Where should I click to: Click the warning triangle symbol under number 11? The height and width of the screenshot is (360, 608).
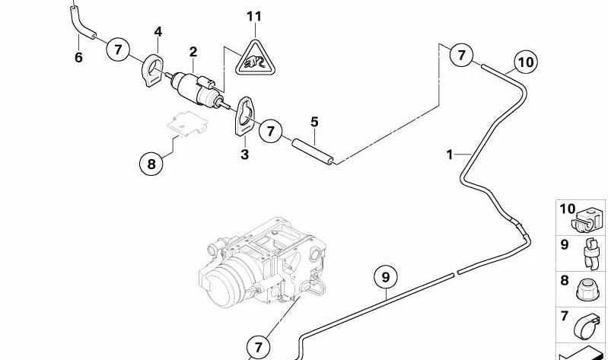pos(253,59)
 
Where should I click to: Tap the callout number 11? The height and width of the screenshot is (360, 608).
pos(253,16)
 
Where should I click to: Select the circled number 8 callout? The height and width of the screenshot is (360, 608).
pos(151,162)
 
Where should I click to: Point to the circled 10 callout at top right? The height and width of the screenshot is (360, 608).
pos(525,60)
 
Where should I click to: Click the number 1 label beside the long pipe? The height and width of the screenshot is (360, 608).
pos(450,155)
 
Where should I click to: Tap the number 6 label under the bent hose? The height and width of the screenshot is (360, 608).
pos(78,57)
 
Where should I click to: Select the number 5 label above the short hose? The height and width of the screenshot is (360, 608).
pos(314,122)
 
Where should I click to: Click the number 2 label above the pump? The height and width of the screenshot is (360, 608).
pos(193,52)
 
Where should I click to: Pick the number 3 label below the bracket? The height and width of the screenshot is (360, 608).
pos(244,155)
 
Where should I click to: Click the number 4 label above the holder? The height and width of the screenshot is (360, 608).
pos(158,31)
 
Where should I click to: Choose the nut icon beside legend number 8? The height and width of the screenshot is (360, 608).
pos(589,285)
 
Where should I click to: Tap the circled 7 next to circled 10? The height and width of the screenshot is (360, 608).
pos(461,55)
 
